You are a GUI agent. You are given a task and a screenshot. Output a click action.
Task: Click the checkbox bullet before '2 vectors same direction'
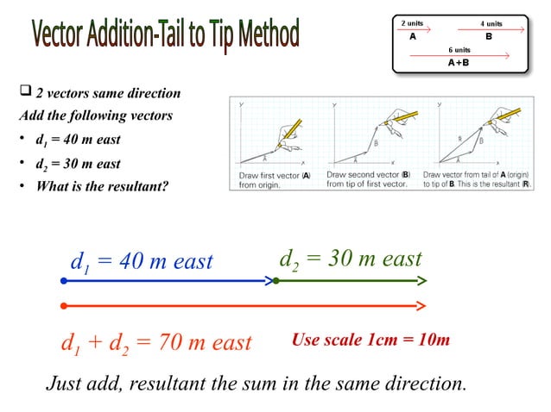tap(24, 92)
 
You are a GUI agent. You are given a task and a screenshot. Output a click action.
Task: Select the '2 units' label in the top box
tap(413, 22)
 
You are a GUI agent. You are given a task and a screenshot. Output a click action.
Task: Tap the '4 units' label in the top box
tap(491, 22)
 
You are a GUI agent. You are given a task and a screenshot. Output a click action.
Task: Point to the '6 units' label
tap(459, 50)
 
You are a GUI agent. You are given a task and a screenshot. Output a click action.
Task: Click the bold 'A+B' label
tap(459, 63)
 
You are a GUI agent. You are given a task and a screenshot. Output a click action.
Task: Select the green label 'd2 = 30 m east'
tap(351, 259)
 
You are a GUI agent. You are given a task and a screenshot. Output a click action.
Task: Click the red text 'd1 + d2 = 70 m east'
tap(155, 342)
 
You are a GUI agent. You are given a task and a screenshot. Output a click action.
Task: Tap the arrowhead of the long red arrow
tap(421, 305)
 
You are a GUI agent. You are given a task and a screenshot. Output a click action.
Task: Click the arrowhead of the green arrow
tap(421, 281)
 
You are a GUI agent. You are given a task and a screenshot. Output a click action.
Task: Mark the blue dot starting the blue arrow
tap(63, 281)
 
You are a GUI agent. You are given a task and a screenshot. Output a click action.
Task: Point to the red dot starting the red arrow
tap(63, 305)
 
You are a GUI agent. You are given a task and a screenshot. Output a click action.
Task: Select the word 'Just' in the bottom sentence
tap(65, 383)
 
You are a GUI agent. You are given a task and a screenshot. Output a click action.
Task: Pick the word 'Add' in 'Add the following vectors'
tap(31, 115)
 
